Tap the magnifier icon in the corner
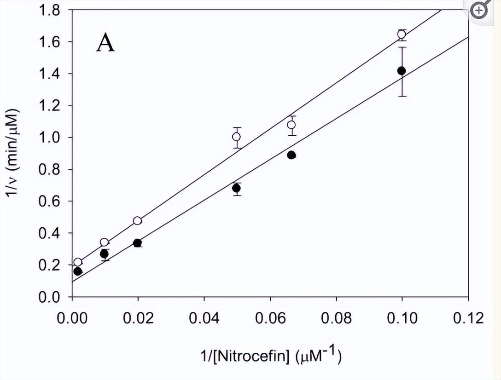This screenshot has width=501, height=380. click(x=480, y=10)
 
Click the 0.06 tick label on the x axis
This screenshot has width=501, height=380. click(x=270, y=318)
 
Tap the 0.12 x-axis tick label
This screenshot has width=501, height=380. click(x=468, y=318)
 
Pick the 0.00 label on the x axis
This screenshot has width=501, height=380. click(x=72, y=318)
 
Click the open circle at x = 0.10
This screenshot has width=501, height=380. click(x=402, y=35)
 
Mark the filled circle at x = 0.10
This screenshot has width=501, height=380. click(x=402, y=71)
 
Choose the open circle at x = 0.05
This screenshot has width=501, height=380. click(x=237, y=137)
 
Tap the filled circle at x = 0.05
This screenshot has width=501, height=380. click(x=236, y=188)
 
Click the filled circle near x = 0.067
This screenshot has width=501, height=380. click(x=291, y=155)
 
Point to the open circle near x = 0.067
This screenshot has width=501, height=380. click(x=291, y=125)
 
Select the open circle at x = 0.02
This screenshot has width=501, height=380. click(x=137, y=221)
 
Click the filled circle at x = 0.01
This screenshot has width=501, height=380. click(x=104, y=254)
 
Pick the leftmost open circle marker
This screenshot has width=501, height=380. click(x=78, y=262)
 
